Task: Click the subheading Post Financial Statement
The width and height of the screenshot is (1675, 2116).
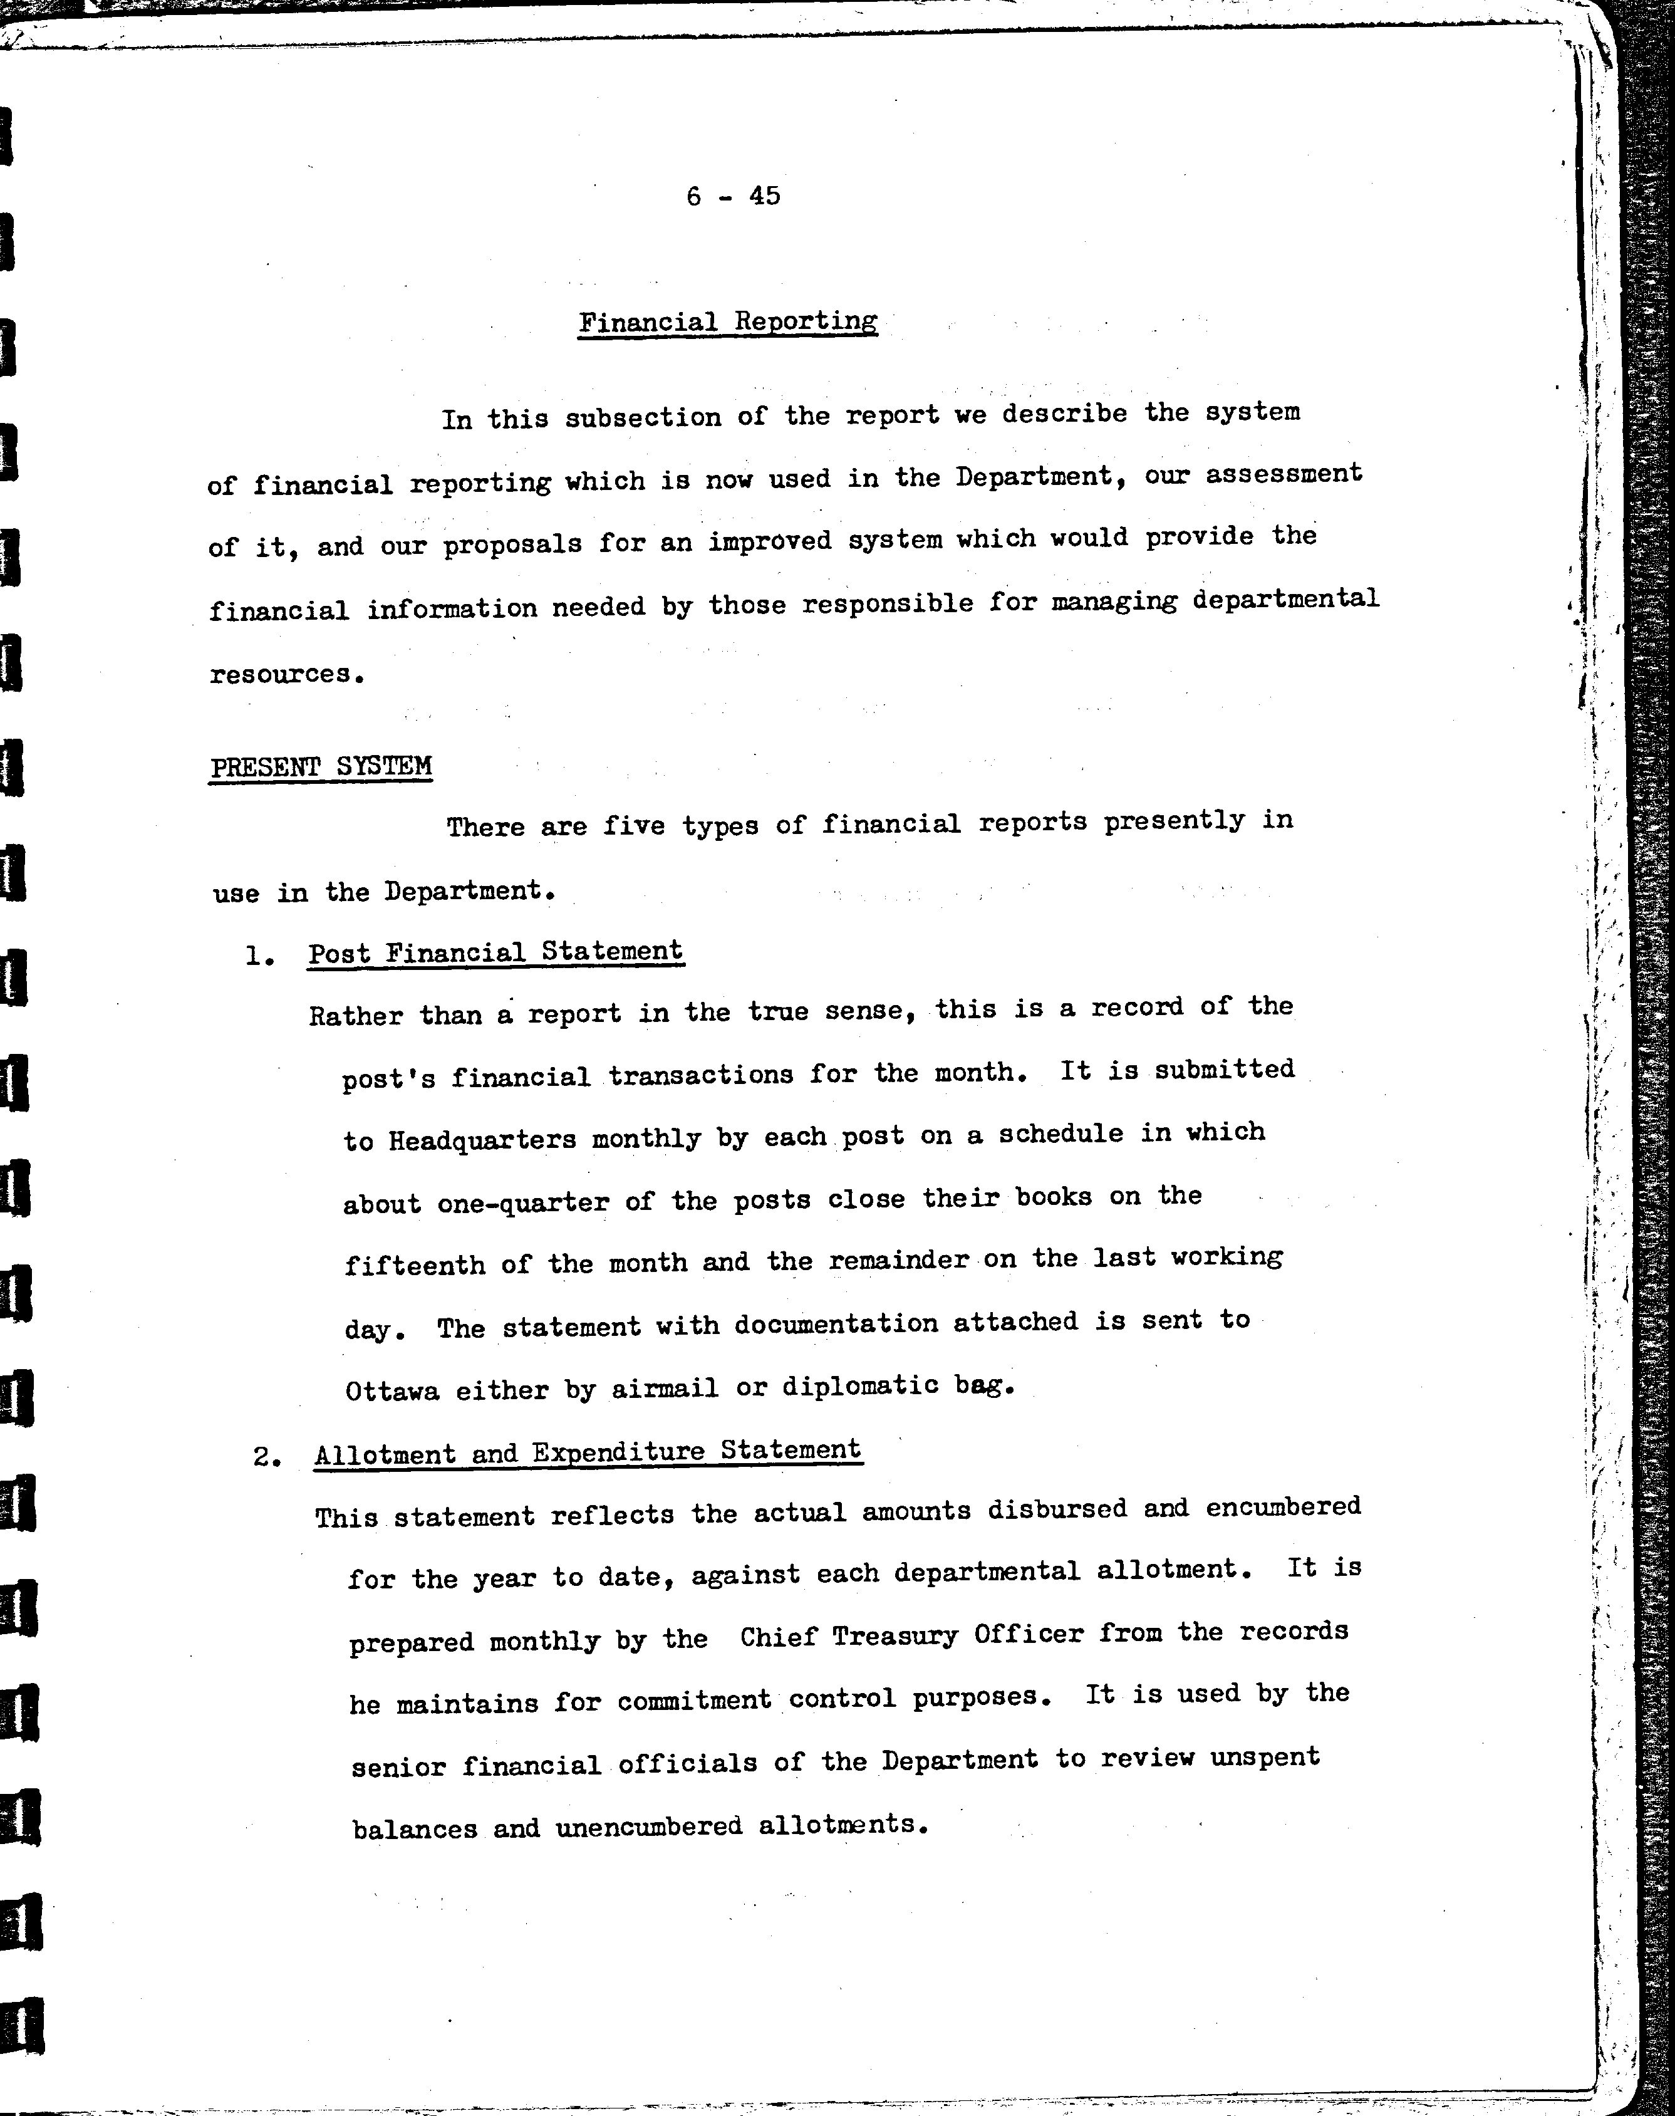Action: [495, 952]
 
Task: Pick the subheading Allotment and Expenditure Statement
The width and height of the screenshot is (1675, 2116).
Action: [588, 1452]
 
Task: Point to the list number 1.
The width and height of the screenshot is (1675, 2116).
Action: [259, 956]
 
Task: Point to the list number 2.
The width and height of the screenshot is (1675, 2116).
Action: [267, 1457]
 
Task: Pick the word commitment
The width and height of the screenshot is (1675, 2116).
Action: [694, 1700]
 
